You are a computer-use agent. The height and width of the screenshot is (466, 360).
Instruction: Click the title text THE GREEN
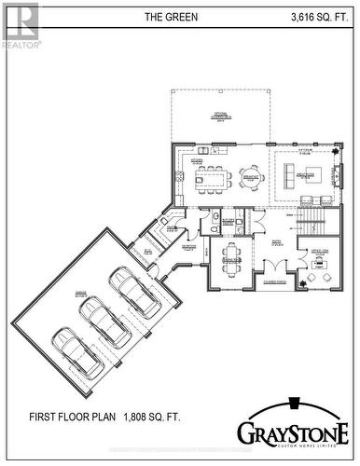pyautogui.click(x=171, y=17)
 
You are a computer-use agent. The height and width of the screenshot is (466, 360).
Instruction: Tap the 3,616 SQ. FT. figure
pyautogui.click(x=320, y=17)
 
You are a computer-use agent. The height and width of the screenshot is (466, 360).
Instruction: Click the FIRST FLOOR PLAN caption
pyautogui.click(x=70, y=417)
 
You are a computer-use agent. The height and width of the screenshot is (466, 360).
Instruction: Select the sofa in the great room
pyautogui.click(x=304, y=173)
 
